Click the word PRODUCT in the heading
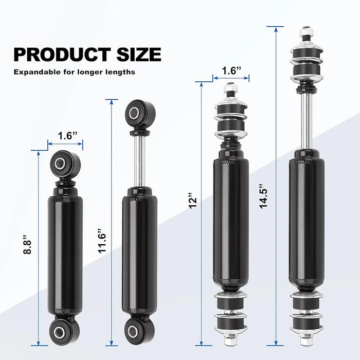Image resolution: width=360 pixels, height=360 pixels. coord(62,55)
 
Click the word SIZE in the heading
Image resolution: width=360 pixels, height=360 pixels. coord(139,55)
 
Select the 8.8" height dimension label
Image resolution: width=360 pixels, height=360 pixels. coord(27,244)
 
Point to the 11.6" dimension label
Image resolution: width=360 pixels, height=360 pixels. coord(102,241)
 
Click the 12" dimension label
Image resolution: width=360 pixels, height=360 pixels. coord(193,201)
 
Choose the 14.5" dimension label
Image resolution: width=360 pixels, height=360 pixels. coord(263,196)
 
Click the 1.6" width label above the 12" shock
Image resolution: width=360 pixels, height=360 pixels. coord(231,70)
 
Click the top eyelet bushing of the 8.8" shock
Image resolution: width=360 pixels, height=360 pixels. coord(65,164)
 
